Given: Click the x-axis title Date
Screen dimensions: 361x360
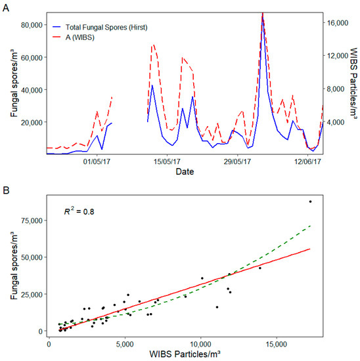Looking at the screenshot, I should click(185, 172).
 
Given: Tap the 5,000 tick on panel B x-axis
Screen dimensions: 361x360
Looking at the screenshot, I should click(125, 342).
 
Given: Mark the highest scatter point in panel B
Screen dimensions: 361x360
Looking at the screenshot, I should click(310, 202).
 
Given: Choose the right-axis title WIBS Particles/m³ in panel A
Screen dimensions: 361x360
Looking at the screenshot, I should click(353, 83).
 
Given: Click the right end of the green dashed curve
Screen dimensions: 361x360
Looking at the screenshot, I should click(310, 225).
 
